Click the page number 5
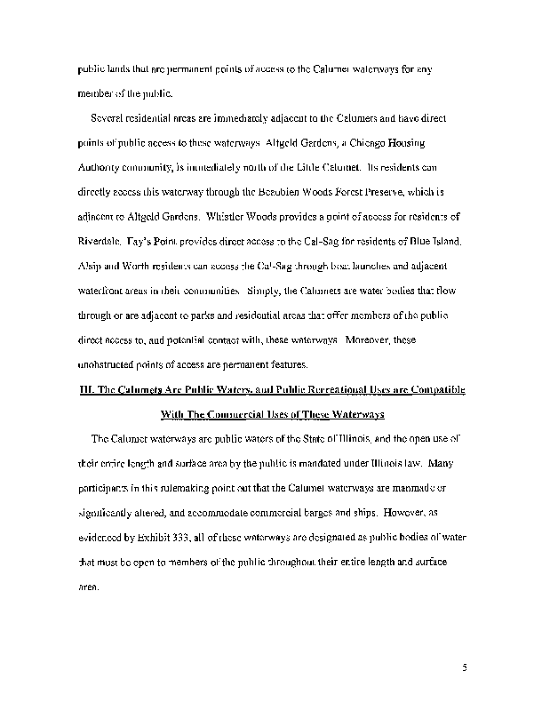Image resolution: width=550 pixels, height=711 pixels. click(464, 663)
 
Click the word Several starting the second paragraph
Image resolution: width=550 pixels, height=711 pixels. click(110, 117)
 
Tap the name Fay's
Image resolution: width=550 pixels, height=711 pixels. click(154, 240)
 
